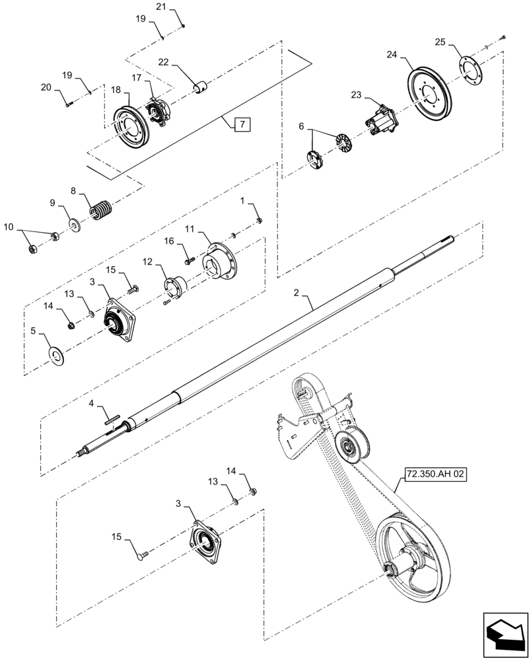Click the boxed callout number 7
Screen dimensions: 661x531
(242, 124)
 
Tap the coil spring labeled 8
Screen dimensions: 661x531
(101, 211)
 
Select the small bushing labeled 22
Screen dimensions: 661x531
(200, 87)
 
